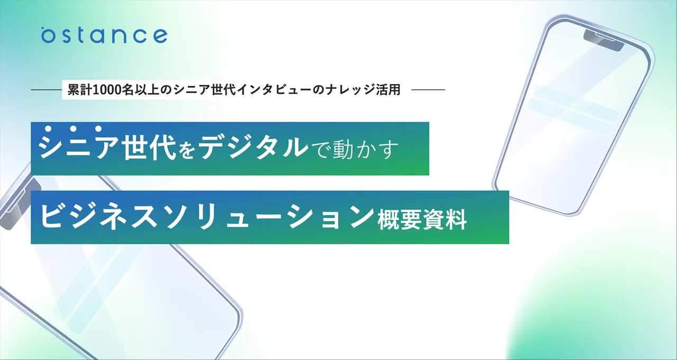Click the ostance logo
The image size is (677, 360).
tap(104, 35)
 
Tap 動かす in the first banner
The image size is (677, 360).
tap(365, 149)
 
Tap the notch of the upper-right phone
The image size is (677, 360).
tap(603, 40)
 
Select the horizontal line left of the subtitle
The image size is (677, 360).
tap(46, 90)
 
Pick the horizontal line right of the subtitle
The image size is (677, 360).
tap(428, 90)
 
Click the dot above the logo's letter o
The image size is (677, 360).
tap(43, 29)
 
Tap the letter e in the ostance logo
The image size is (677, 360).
tap(159, 36)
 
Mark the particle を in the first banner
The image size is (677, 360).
tap(187, 150)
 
